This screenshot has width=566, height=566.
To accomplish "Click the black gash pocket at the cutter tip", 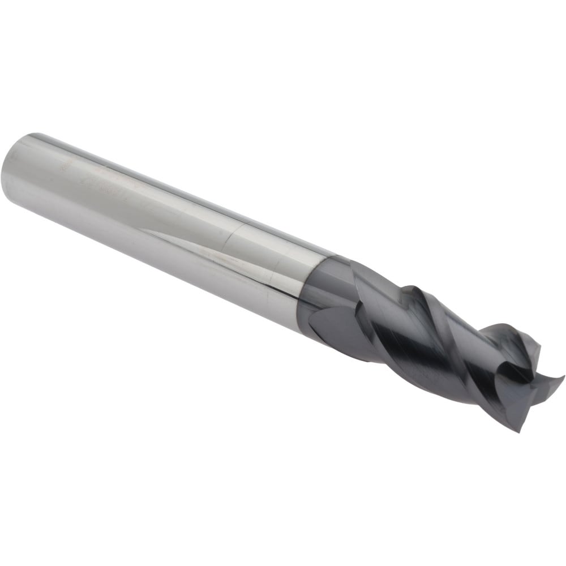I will [524, 374].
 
